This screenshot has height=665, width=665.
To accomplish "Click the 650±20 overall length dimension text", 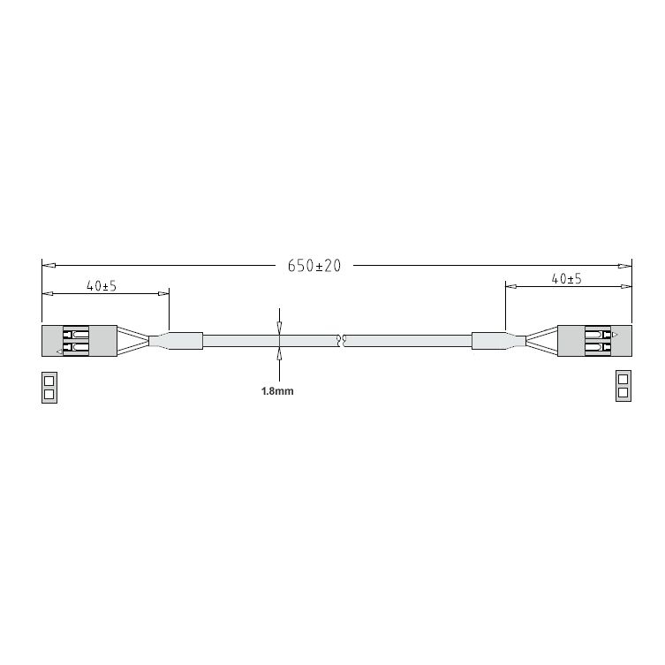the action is [314, 266].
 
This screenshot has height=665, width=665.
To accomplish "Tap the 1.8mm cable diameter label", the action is [277, 391].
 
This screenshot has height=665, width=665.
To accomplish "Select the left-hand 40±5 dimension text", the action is [102, 286].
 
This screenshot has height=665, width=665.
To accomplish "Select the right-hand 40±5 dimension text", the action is [567, 279].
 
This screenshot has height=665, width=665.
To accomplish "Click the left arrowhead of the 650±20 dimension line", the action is [49, 266].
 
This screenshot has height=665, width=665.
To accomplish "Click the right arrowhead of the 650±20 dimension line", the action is [624, 266].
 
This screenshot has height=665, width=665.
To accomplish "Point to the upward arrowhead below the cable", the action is [279, 354].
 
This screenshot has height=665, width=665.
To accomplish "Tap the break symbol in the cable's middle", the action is [341, 341].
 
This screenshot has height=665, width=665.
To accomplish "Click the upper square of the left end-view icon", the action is [49, 380].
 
